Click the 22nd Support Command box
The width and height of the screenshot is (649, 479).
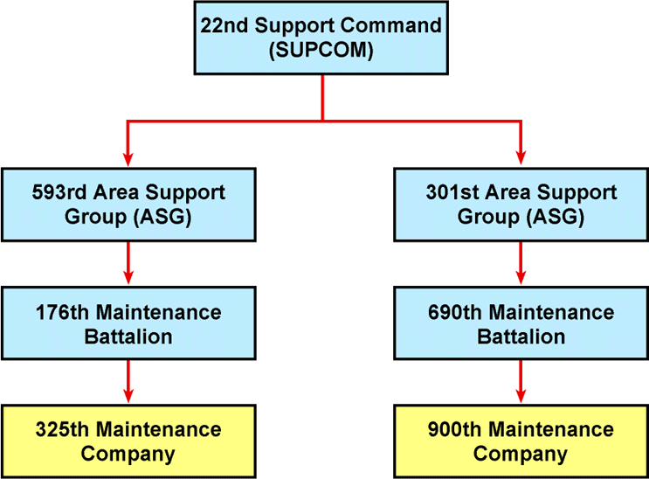[321, 38]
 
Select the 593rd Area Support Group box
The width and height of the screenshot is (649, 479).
[128, 204]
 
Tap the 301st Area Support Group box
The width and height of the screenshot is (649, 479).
[521, 204]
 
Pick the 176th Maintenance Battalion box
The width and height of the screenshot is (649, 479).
[128, 324]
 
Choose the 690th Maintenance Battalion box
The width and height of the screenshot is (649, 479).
[521, 324]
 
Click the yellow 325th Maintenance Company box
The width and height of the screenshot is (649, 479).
[128, 441]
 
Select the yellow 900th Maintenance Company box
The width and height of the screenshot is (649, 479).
[521, 441]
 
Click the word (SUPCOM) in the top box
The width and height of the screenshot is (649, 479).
[321, 51]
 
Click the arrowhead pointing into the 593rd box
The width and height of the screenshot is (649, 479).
[128, 157]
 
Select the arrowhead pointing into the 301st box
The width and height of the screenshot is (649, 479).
[521, 157]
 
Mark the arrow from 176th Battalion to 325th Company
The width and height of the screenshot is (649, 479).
[128, 381]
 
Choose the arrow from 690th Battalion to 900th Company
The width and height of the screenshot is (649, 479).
[521, 381]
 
